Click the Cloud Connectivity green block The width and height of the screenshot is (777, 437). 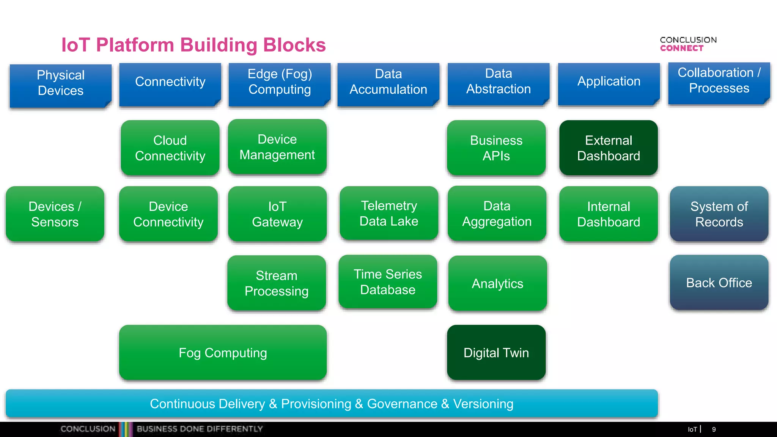pos(170,148)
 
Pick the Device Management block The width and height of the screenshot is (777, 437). pos(277,147)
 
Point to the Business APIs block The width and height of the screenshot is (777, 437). pos(496,148)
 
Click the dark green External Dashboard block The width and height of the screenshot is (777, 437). pos(609,148)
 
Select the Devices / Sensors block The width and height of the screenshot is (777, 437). pos(55,214)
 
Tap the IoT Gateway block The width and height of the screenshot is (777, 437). pos(277,214)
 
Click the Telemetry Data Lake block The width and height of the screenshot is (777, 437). pos(389,213)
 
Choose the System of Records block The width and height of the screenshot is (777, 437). pos(719,214)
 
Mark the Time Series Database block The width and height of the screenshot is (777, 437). pos(388,282)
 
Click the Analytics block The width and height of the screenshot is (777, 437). pos(497,283)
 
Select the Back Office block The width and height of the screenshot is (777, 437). pos(719,283)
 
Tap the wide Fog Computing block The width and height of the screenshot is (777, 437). pos(223,353)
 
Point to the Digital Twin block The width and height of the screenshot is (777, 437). pos(496,353)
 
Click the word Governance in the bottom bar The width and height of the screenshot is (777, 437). pos(402,404)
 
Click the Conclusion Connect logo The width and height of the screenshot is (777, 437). pos(688,44)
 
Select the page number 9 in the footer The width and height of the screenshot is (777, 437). pos(714,429)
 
